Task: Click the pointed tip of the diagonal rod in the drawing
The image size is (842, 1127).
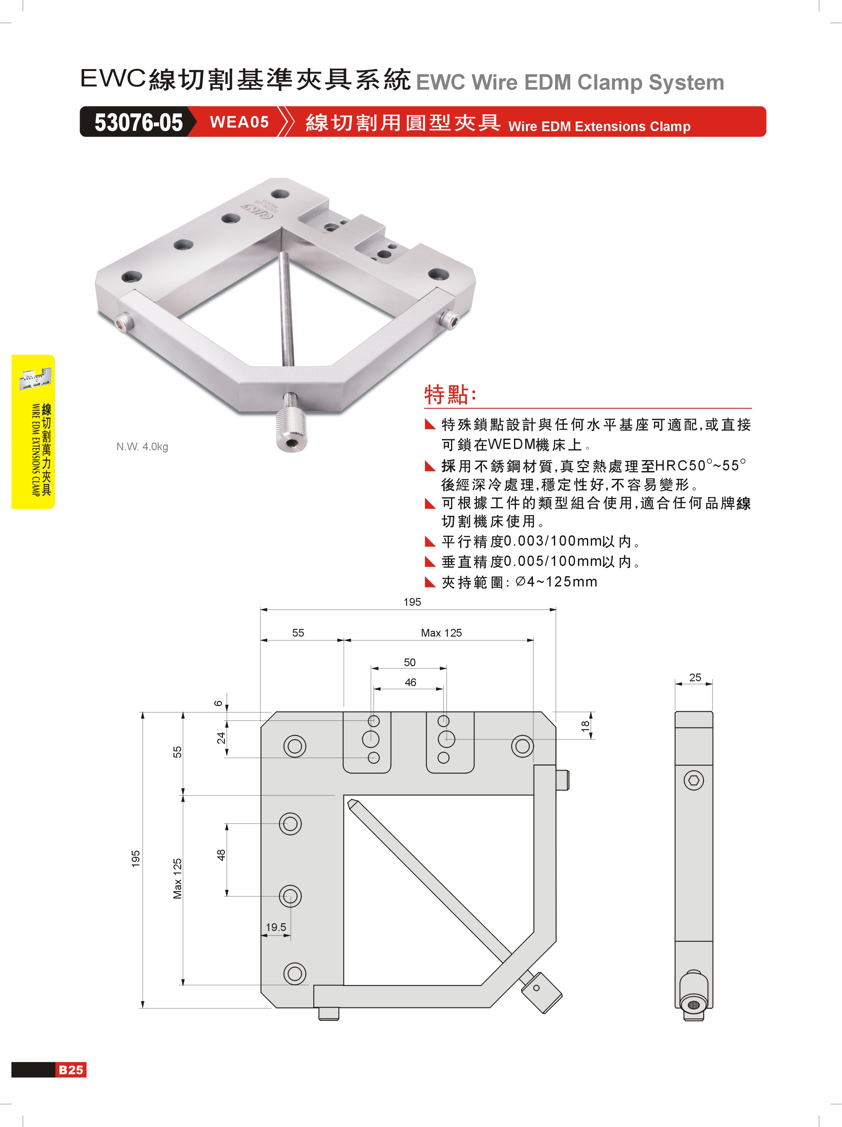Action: pos(349,801)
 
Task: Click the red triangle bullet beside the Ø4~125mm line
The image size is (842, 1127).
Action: pos(430,582)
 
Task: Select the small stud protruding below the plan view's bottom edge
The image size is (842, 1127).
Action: pos(329,1014)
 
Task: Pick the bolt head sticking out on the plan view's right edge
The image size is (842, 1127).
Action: pos(563,780)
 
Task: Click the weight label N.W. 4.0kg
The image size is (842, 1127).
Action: pos(142,447)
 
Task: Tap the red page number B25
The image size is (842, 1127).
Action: pos(71,1069)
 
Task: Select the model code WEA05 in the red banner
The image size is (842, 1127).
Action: pos(239,122)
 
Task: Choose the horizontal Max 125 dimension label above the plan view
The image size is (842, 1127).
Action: pos(441,633)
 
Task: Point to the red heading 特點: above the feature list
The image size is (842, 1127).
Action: pos(450,394)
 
